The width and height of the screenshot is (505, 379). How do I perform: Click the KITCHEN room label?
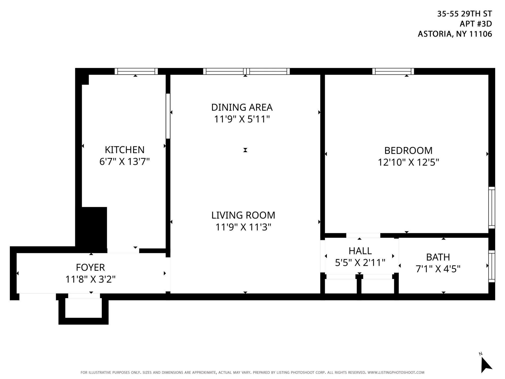pos(124,150)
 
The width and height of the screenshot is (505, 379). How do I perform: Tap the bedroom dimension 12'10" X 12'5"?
pos(408,162)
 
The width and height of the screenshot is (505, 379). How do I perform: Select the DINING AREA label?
pos(242,107)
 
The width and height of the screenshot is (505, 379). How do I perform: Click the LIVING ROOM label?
pos(243,215)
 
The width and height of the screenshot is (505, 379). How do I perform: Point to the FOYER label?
pos(90,267)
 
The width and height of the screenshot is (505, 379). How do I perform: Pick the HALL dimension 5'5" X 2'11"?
pos(360,263)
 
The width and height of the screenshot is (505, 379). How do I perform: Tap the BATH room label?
pos(438,257)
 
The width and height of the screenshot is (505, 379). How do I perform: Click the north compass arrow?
pos(486,365)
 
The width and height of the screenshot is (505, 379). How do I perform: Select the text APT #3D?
pos(475,24)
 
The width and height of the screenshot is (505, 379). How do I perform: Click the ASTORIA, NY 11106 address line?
pos(455,34)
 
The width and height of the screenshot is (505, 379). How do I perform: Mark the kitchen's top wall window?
pos(136,71)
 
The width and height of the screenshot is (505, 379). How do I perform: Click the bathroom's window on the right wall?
pos(492,266)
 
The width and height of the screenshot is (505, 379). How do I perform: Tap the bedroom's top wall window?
pos(393,71)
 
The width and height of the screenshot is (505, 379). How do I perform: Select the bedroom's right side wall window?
pos(492,207)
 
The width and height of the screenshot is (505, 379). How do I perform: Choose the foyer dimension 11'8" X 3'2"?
pos(90,279)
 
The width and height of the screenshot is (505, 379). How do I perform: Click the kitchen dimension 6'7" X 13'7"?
pos(124,162)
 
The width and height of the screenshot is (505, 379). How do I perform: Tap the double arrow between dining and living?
pos(245,150)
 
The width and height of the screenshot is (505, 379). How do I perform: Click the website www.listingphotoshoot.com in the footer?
pos(396,373)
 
